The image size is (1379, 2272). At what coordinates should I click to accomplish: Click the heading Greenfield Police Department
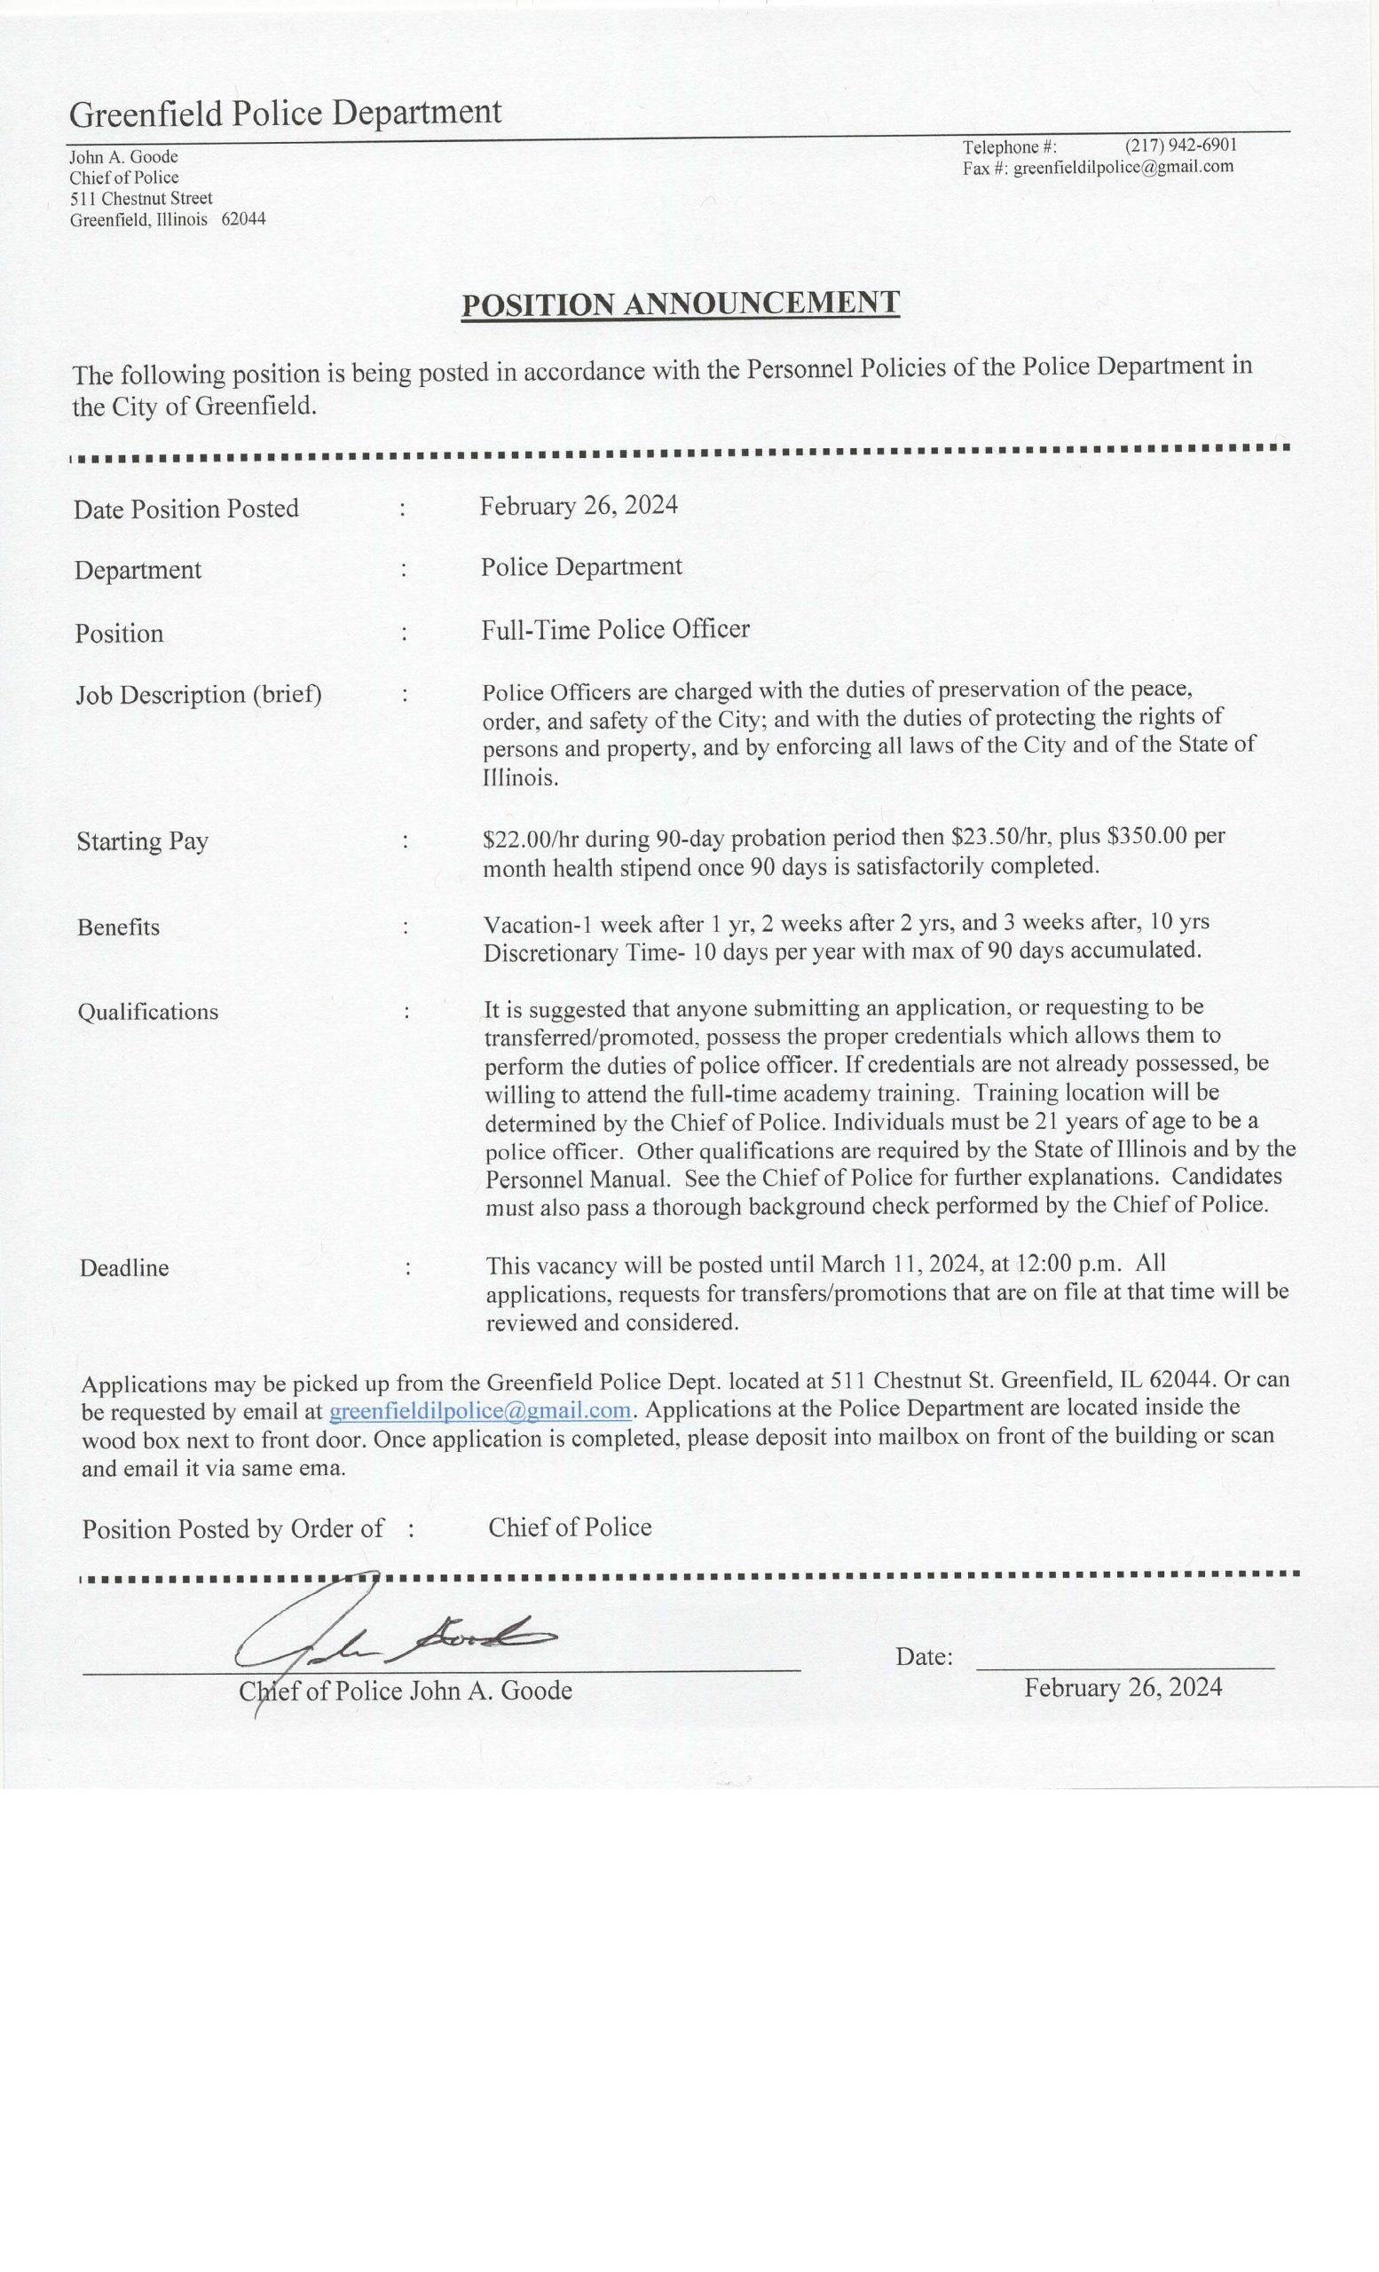point(285,114)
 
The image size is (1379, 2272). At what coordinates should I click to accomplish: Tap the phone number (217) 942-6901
point(1180,146)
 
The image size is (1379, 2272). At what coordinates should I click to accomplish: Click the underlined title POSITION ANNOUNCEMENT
point(680,304)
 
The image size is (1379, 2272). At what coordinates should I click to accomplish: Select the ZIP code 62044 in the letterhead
point(243,219)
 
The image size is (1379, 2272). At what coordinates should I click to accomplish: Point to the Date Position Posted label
point(186,509)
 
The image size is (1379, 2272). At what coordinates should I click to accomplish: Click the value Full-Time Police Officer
point(615,630)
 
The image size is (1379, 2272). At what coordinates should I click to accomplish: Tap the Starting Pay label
point(142,841)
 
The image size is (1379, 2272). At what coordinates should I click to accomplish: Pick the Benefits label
point(118,927)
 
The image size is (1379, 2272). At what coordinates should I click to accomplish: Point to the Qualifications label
point(147,1013)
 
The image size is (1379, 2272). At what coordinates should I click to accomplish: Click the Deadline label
point(123,1269)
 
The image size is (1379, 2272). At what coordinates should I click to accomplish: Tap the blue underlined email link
point(479,1411)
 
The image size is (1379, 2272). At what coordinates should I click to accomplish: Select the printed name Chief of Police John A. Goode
point(406,1691)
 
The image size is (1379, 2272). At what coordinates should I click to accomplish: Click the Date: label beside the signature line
point(924,1657)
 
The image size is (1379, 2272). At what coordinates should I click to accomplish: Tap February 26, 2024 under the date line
point(1123,1688)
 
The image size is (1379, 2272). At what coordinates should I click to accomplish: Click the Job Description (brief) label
point(198,694)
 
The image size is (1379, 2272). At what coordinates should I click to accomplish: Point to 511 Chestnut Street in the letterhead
point(141,198)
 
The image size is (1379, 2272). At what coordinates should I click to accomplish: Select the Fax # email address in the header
point(1123,167)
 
